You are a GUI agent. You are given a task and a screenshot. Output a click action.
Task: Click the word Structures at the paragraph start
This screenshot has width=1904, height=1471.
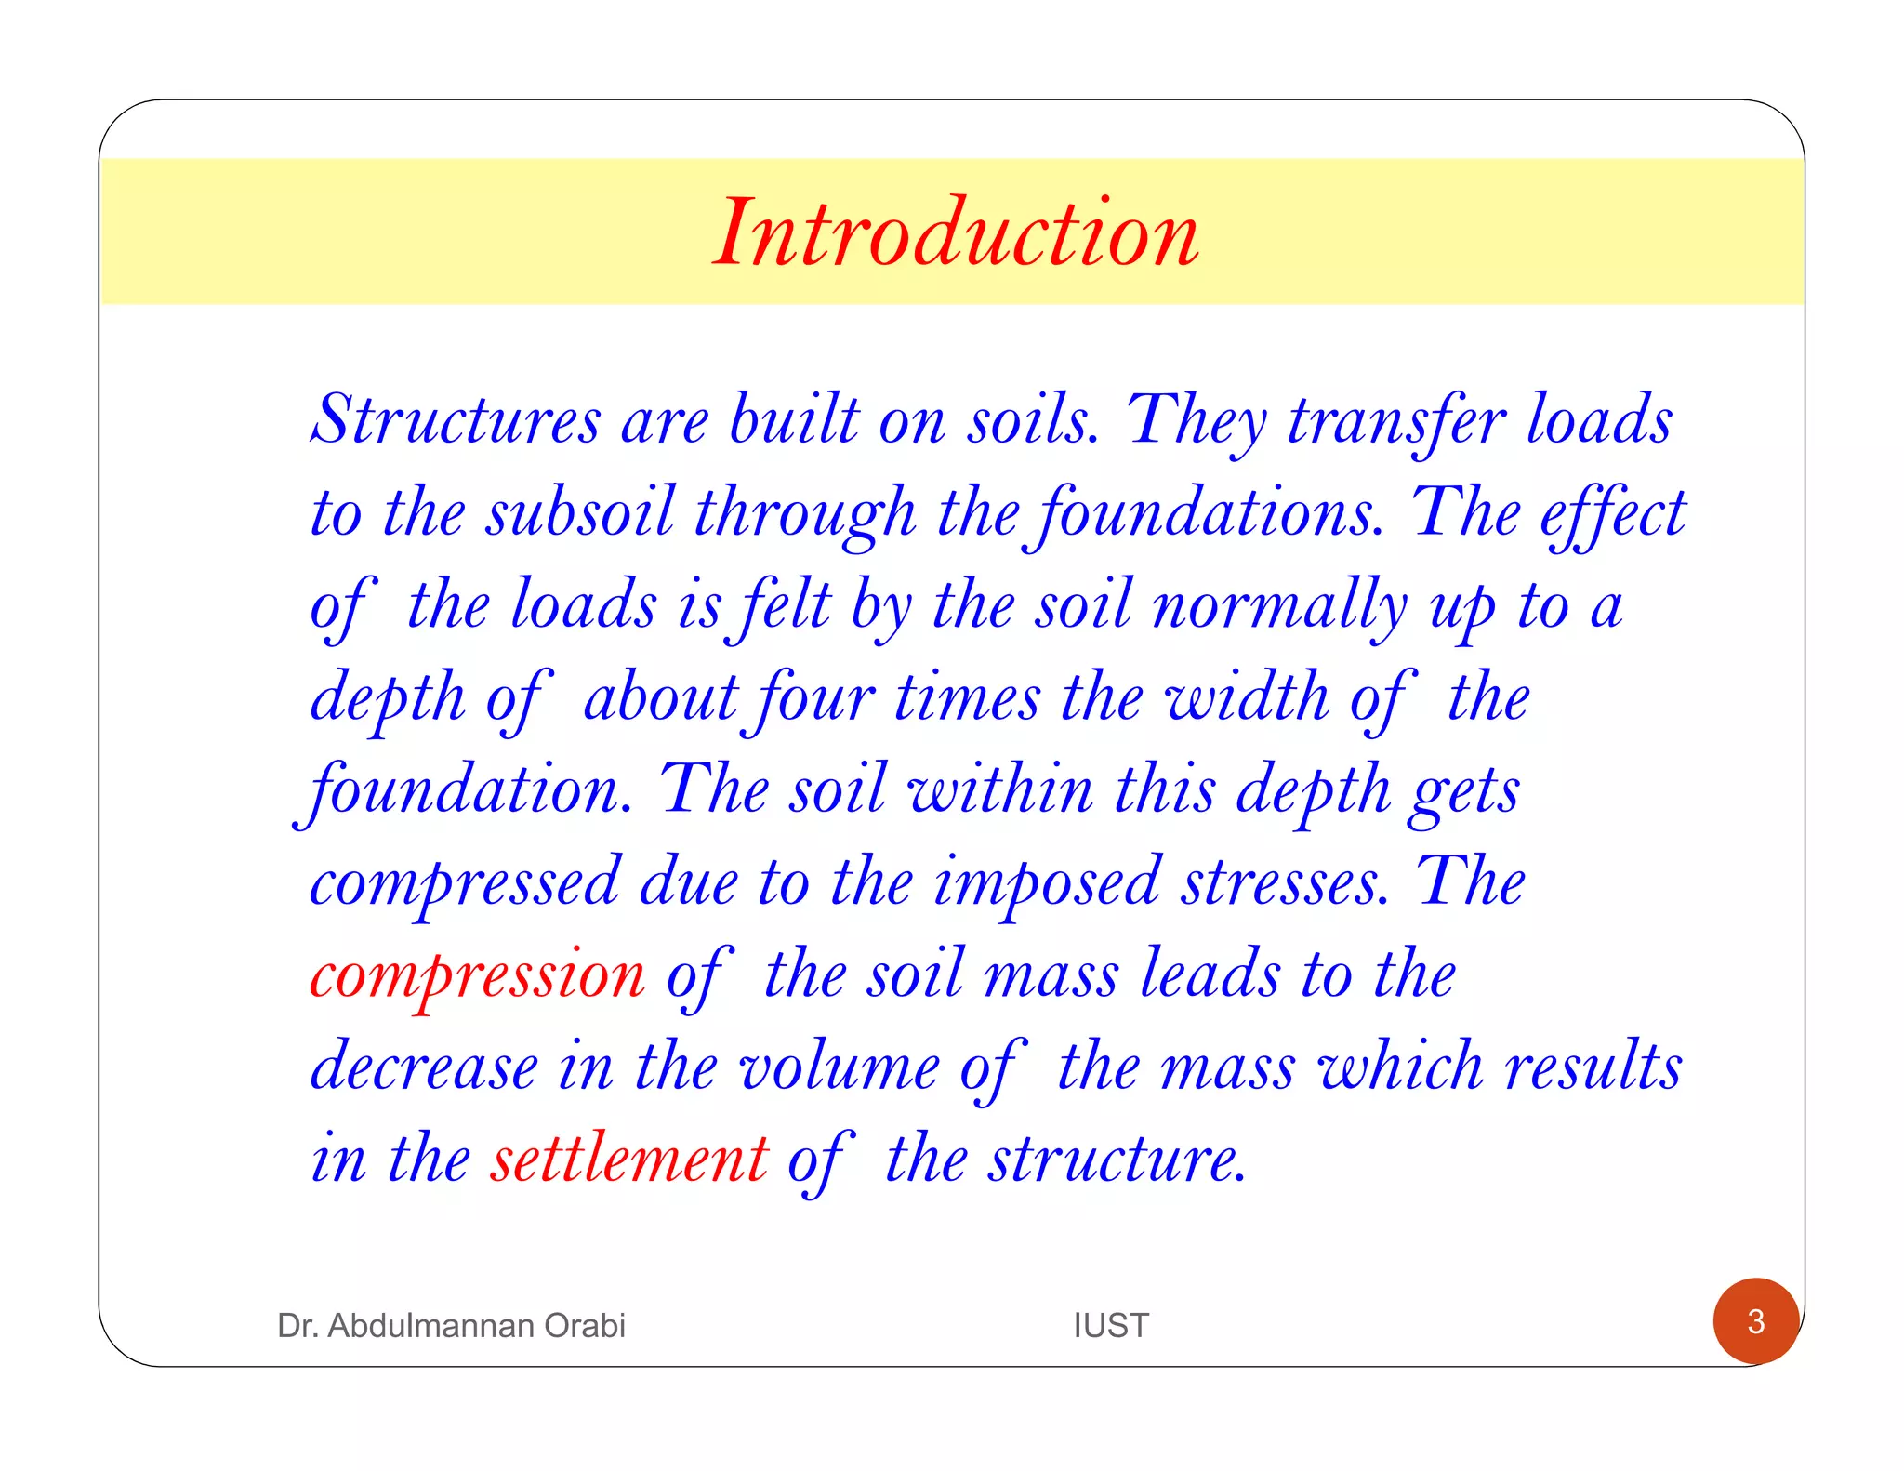pyautogui.click(x=456, y=420)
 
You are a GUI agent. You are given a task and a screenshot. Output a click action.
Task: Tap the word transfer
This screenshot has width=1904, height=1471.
pyautogui.click(x=1395, y=420)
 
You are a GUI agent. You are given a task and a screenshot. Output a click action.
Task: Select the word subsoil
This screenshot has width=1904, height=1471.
pyautogui.click(x=580, y=512)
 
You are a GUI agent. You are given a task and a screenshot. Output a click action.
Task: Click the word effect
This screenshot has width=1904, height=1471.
pyautogui.click(x=1612, y=512)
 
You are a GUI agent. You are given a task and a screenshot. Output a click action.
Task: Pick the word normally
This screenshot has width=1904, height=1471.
pyautogui.click(x=1279, y=605)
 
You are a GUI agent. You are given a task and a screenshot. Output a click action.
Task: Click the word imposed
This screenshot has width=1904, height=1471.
pyautogui.click(x=1047, y=882)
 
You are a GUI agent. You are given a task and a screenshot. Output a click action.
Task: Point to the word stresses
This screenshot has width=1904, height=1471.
pyautogui.click(x=1285, y=882)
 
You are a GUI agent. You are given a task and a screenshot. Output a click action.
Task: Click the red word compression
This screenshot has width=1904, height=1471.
pyautogui.click(x=478, y=975)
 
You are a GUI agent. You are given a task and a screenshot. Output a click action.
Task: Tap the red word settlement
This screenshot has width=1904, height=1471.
pyautogui.click(x=630, y=1160)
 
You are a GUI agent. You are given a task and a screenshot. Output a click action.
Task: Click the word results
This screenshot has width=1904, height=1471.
pyautogui.click(x=1593, y=1067)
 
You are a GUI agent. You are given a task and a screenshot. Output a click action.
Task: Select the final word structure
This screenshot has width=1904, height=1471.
pyautogui.click(x=1116, y=1160)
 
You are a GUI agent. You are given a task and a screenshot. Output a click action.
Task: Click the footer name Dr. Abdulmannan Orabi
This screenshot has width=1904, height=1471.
pyautogui.click(x=451, y=1325)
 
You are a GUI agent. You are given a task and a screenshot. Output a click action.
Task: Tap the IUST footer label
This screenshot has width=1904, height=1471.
pyautogui.click(x=1111, y=1325)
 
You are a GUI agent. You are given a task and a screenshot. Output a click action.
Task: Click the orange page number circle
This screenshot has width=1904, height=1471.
pyautogui.click(x=1755, y=1321)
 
